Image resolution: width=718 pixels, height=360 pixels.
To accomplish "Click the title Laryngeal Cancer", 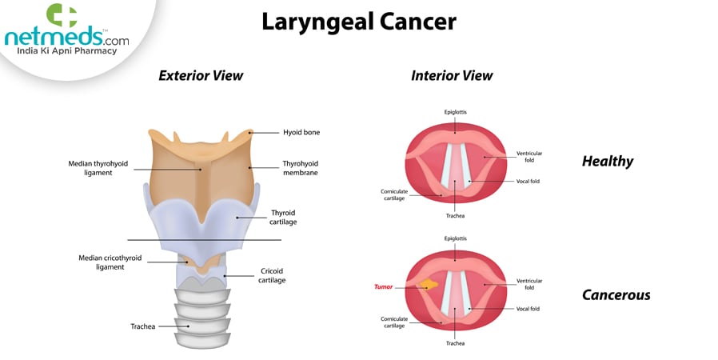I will tap(359, 22).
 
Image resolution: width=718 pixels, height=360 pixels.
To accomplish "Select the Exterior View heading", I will tap(201, 76).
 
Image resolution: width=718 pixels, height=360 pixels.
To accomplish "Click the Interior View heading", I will tap(452, 76).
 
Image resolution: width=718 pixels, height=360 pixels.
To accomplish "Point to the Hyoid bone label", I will tap(301, 132).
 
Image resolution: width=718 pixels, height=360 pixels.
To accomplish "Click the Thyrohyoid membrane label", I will tap(301, 167).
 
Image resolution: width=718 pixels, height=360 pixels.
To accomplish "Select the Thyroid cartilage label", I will tap(283, 217).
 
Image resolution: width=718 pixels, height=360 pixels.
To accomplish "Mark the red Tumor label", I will tap(384, 286).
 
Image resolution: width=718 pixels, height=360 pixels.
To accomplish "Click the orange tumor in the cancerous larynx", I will tap(429, 285).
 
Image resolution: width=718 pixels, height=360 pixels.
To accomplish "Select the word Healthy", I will tap(607, 162).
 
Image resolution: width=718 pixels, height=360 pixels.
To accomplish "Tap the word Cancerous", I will tap(616, 295).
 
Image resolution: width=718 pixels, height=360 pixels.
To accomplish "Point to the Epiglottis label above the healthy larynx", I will tap(456, 111).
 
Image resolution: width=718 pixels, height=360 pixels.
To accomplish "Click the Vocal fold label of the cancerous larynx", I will tap(528, 309).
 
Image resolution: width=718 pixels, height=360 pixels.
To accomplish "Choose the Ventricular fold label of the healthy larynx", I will tap(529, 156).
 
